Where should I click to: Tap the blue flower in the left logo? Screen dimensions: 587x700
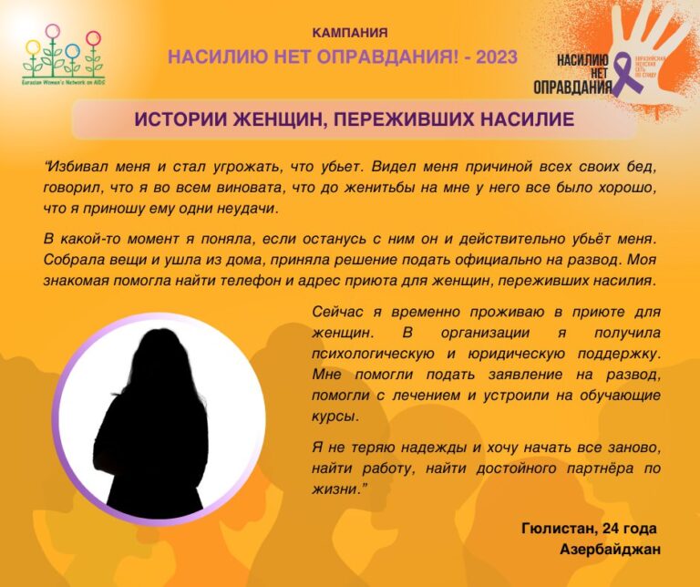(x=94, y=41)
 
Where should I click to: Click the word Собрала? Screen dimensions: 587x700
(x=71, y=259)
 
